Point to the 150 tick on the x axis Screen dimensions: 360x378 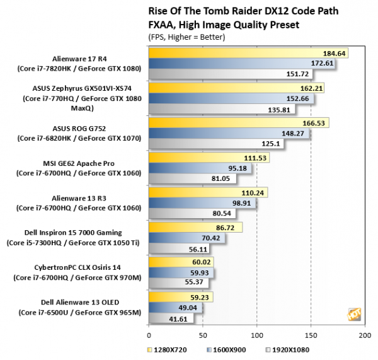[x=311, y=335]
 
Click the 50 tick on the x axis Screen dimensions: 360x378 [x=202, y=335]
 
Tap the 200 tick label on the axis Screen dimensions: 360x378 [x=364, y=335]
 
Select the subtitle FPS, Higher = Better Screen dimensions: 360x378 [x=187, y=37]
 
